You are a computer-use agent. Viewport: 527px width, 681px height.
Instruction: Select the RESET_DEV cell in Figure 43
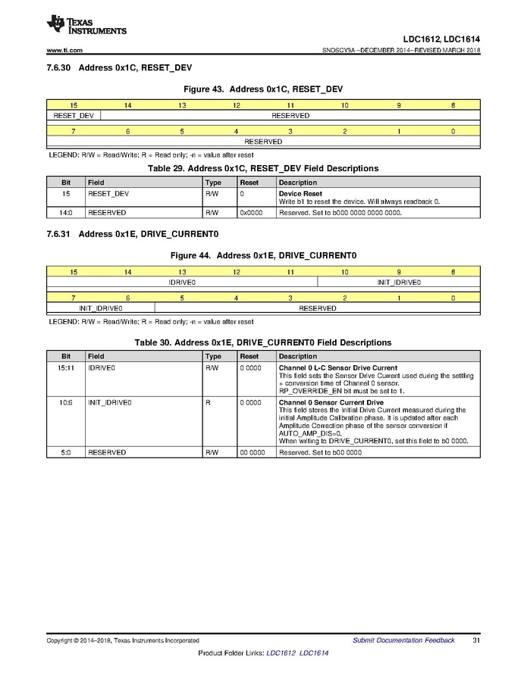point(74,116)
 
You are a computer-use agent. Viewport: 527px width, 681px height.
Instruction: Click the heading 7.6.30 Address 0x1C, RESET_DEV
point(120,68)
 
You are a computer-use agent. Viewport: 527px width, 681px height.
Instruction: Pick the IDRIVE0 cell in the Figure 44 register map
point(182,283)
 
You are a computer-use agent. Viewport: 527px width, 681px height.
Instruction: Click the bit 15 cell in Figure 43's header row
point(74,105)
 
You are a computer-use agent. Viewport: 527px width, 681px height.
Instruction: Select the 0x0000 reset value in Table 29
point(250,213)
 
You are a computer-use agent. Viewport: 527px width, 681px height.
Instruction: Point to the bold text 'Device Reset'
point(300,194)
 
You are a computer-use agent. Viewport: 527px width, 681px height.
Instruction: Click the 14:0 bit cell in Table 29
point(66,213)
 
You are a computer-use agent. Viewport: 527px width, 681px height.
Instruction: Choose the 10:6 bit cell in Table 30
point(66,402)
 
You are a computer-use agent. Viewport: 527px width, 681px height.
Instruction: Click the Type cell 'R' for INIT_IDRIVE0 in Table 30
point(208,402)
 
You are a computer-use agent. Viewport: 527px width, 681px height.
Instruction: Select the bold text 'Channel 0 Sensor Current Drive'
point(331,402)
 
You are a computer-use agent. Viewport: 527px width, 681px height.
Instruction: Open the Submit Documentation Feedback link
point(403,640)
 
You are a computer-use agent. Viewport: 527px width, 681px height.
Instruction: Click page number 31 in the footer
point(475,640)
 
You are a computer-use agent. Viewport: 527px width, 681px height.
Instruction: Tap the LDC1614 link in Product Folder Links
point(314,653)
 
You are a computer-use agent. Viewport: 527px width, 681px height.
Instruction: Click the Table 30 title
point(262,342)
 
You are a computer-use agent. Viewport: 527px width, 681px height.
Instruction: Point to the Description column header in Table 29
point(298,183)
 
